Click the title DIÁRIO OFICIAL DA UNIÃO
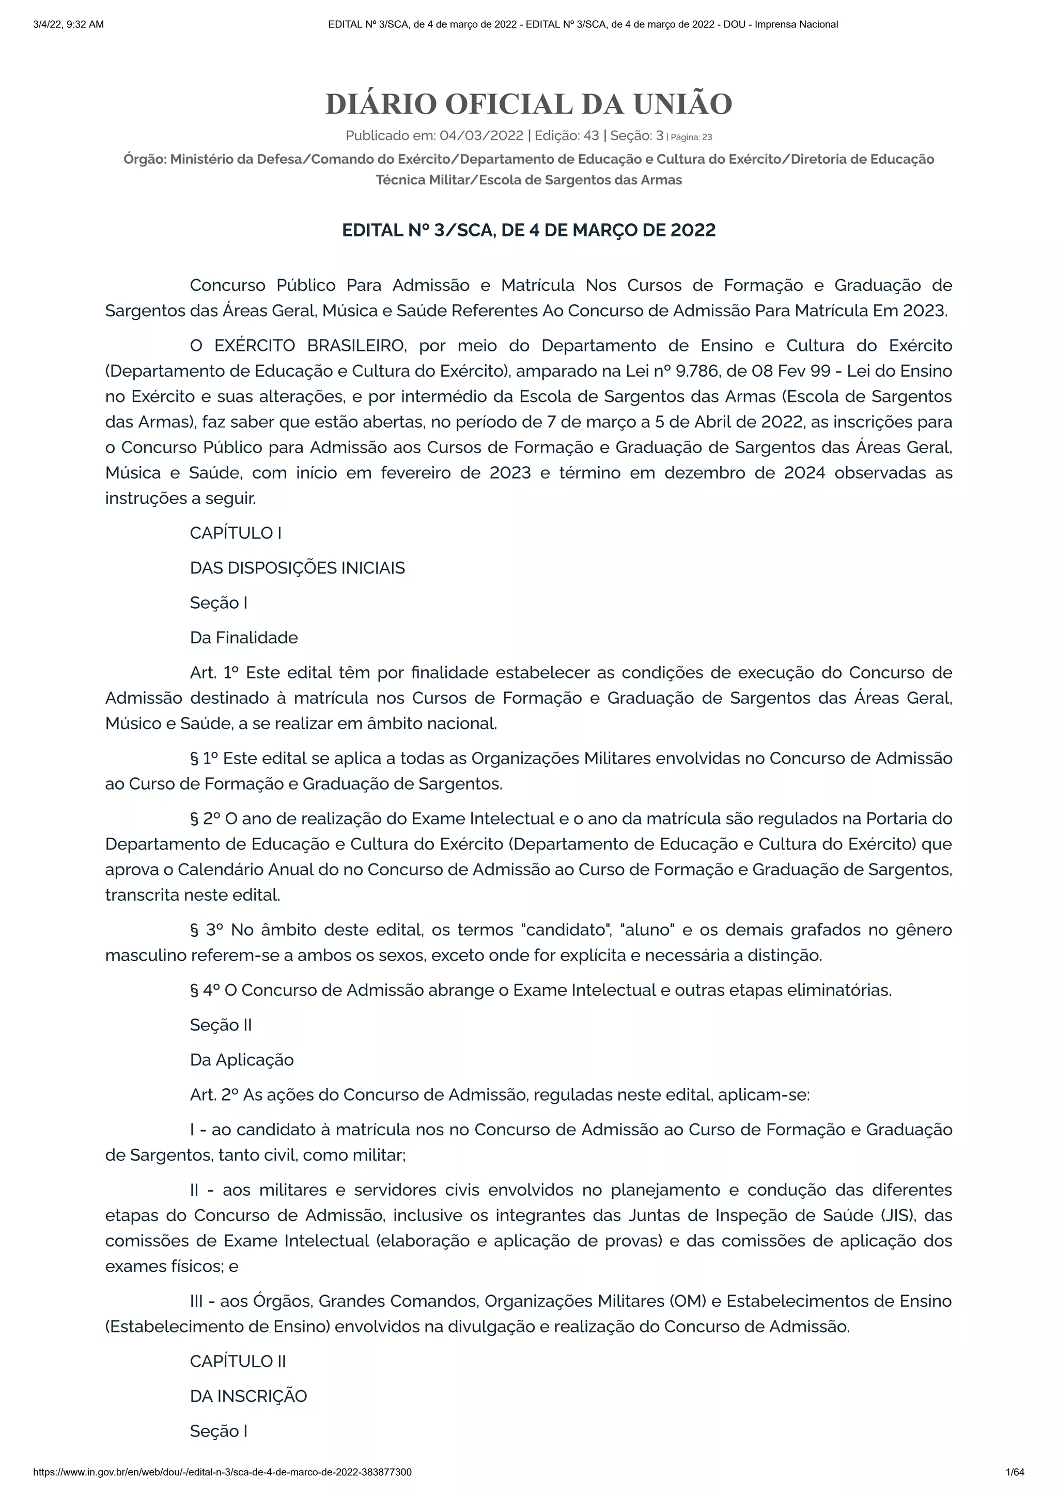click(x=528, y=104)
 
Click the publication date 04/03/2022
click(x=481, y=135)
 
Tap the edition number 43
click(x=592, y=135)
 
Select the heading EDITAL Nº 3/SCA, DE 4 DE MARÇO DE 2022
click(x=528, y=230)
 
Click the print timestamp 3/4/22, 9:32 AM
click(x=68, y=25)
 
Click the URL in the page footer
click(x=222, y=1472)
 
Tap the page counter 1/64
click(x=1015, y=1472)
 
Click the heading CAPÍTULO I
click(x=236, y=533)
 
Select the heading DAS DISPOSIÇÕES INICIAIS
click(x=297, y=568)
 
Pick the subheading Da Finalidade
click(x=244, y=638)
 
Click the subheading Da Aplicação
click(x=242, y=1059)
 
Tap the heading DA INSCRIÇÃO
click(x=248, y=1396)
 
